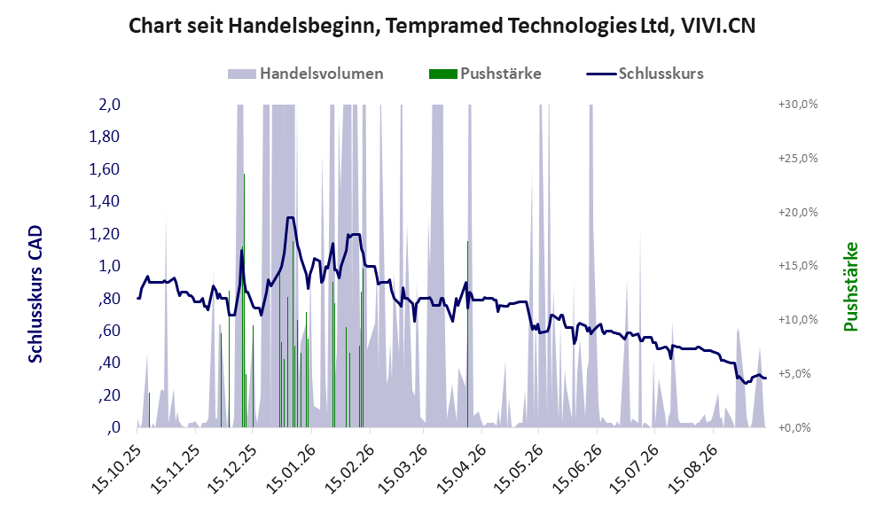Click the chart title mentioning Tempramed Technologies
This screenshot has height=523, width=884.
[x=442, y=26]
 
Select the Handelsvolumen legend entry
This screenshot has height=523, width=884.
[x=306, y=74]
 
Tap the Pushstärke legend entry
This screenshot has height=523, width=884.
[x=485, y=74]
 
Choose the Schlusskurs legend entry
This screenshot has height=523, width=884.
[x=645, y=74]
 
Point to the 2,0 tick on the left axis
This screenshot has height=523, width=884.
[x=109, y=105]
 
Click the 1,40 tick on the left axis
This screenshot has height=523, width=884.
[x=105, y=201]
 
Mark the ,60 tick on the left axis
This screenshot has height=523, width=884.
[x=109, y=331]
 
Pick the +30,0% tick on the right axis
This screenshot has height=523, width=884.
[x=798, y=105]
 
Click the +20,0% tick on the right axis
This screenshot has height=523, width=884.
[x=798, y=213]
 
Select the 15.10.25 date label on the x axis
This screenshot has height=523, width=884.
[x=115, y=470]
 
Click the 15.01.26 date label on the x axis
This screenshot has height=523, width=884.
[x=289, y=470]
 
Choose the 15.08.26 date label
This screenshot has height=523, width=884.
[x=692, y=470]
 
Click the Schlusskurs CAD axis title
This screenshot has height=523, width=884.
[x=35, y=293]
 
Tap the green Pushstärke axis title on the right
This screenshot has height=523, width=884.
[x=850, y=286]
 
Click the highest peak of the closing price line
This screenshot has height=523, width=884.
[x=290, y=217]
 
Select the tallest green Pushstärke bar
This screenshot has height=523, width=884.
[x=244, y=301]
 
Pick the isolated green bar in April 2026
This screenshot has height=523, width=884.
[x=467, y=334]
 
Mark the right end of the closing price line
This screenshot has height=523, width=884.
[x=765, y=379]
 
